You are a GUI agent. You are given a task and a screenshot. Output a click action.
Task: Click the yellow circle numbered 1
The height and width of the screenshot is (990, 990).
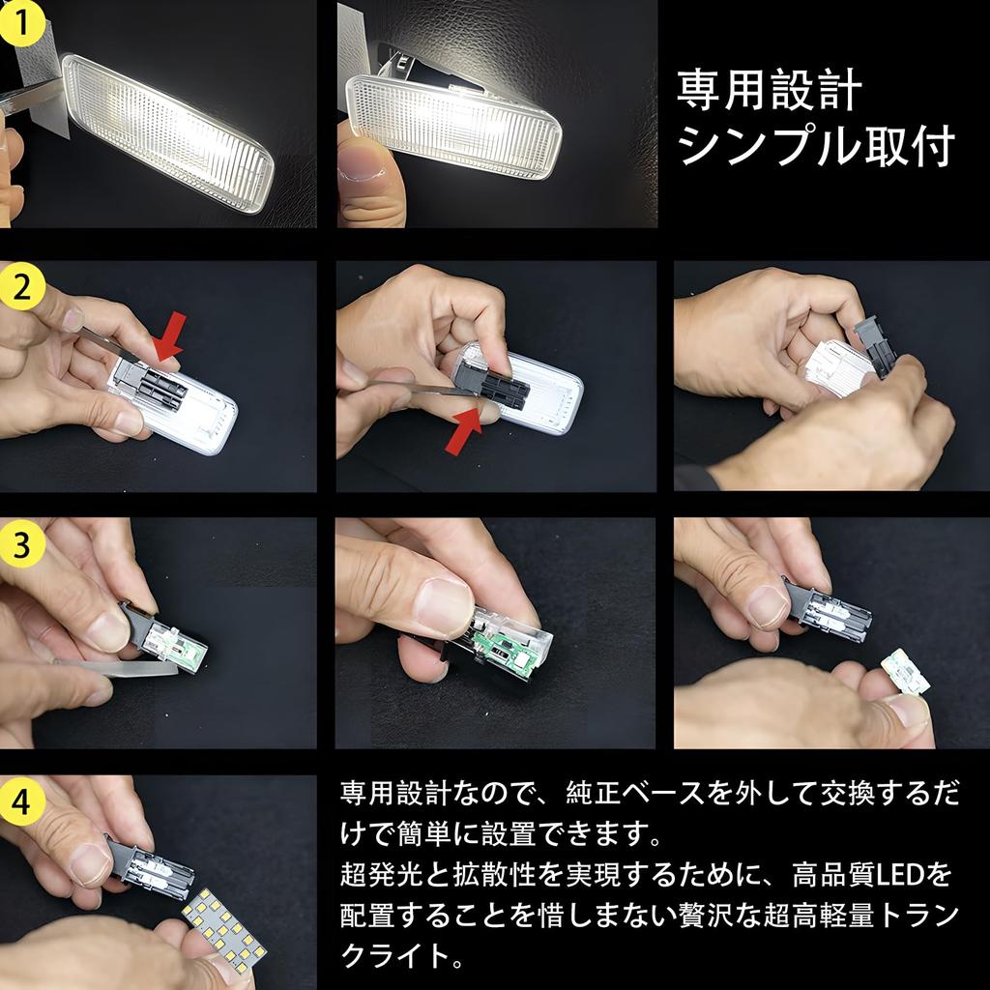click(x=21, y=23)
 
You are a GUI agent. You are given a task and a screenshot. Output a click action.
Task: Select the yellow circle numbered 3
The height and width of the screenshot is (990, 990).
click(x=23, y=543)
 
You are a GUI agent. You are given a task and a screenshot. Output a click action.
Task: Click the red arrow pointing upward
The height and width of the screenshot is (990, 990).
click(x=465, y=430)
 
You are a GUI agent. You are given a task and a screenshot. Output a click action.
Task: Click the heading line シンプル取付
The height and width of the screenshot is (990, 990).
click(x=816, y=146)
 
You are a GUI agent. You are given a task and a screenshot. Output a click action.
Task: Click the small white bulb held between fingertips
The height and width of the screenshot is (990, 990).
click(x=906, y=673)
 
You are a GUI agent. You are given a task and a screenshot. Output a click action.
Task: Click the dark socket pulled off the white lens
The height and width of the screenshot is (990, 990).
click(x=874, y=346)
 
